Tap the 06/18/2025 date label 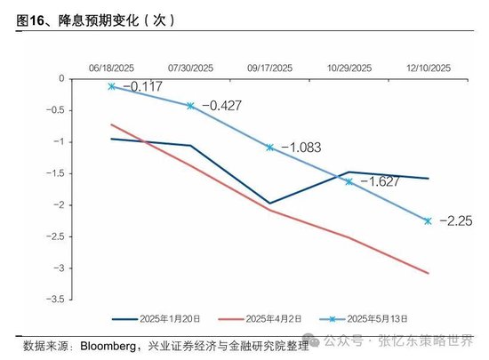111,68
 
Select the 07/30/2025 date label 190,68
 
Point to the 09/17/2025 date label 269,68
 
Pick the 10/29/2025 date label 349,68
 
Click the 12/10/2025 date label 427,68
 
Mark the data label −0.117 140,86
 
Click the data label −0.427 220,106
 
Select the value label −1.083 300,145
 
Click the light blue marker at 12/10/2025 427,220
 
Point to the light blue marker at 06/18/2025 111,86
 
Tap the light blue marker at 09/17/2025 269,147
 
